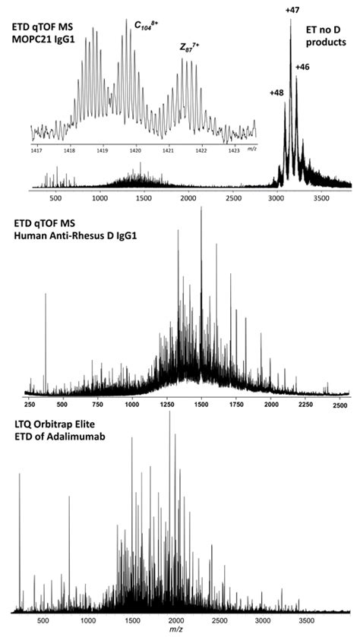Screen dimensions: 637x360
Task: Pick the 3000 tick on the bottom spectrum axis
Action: pyautogui.click(x=262, y=620)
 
